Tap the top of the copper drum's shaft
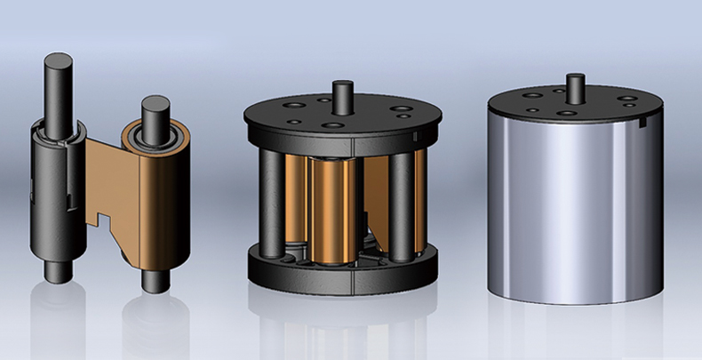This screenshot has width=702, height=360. [156, 103]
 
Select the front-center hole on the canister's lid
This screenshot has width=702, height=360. [566, 114]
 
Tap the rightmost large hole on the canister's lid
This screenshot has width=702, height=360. [627, 99]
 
